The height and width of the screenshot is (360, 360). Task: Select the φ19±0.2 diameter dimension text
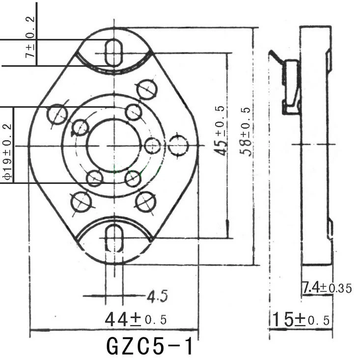7,146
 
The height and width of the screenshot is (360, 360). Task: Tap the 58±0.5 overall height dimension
247,131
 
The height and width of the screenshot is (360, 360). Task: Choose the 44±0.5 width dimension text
136,320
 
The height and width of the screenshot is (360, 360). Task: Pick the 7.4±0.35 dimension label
327,288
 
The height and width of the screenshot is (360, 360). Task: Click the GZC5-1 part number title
150,346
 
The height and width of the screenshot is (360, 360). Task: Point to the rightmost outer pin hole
178,146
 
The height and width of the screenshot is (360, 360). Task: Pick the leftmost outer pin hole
57,114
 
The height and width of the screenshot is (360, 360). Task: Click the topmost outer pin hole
146,89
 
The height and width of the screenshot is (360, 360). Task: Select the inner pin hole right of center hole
153,146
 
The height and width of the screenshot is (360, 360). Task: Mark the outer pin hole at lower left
81,202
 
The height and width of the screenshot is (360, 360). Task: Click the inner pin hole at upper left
81,127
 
